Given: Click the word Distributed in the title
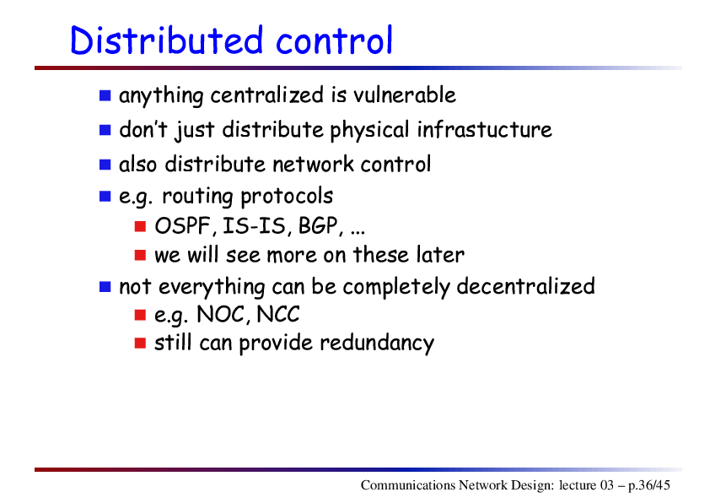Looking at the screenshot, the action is click(x=167, y=41).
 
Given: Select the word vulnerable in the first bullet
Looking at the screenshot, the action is click(x=405, y=95).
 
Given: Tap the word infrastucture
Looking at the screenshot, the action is click(x=485, y=129).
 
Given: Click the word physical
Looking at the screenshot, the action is click(x=369, y=131).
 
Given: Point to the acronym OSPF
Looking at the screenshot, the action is click(x=182, y=225).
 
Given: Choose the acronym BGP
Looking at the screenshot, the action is click(x=318, y=225).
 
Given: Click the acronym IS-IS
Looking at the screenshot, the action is click(x=255, y=225).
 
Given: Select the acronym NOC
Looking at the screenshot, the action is click(x=221, y=314).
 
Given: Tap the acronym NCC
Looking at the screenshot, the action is click(x=278, y=314).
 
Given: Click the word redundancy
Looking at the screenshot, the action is click(x=377, y=343).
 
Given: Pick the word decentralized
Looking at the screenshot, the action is click(x=525, y=286).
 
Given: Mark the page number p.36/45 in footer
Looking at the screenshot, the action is click(x=649, y=485).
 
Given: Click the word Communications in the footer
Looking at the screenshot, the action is click(x=408, y=485).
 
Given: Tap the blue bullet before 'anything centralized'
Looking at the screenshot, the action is click(x=105, y=95).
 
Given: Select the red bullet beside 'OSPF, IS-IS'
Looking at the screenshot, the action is click(x=140, y=226).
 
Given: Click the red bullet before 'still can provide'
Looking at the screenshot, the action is click(x=140, y=343).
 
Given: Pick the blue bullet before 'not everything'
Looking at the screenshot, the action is click(x=105, y=287).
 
